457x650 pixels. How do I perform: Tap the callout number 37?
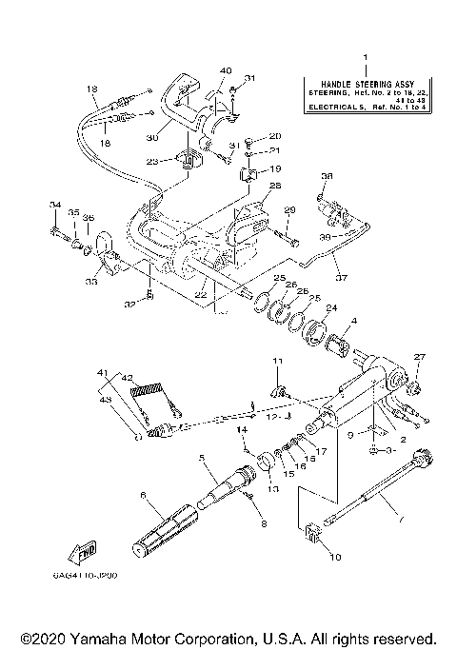pyautogui.click(x=341, y=278)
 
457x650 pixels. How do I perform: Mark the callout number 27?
pyautogui.click(x=416, y=357)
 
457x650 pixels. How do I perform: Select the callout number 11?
pyautogui.click(x=278, y=362)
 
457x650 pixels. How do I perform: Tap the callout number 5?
pyautogui.click(x=201, y=457)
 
